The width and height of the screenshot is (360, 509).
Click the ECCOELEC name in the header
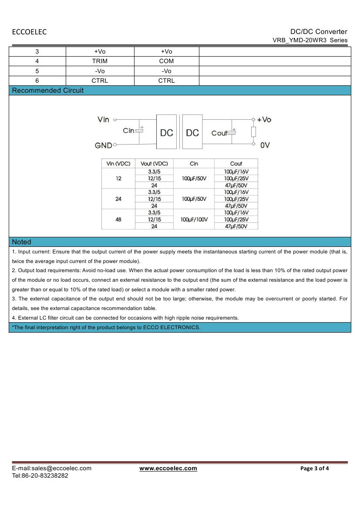29,32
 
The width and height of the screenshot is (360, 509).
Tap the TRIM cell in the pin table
100,61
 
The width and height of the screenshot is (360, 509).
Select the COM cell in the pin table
166,61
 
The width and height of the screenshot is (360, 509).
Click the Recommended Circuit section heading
48,91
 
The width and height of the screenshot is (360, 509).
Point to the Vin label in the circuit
104,119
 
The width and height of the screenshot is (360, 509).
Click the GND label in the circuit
104,145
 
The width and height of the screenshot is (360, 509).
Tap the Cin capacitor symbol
140,131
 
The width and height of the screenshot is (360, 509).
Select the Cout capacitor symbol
232,132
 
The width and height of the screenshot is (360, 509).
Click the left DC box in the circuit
166,132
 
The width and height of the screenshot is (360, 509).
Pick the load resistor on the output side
253,131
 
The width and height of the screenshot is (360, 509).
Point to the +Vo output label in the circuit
264,119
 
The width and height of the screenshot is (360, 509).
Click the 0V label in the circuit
265,145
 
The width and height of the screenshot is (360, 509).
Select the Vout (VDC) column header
154,164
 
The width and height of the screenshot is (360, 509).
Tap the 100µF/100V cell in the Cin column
194,219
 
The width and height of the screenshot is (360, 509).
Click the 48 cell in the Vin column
118,219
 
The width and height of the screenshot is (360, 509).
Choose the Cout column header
236,164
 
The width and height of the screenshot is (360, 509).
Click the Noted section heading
22,242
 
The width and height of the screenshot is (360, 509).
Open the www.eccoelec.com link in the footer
168,468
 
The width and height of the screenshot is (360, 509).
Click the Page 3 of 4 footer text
315,469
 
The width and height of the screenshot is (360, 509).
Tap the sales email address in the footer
51,468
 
